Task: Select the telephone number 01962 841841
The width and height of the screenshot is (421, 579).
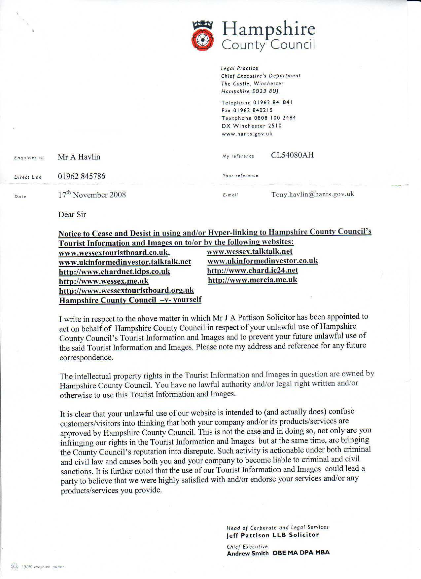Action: pyautogui.click(x=273, y=102)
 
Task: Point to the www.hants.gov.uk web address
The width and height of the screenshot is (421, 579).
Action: pyautogui.click(x=247, y=134)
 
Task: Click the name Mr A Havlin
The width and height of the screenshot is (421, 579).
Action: pyautogui.click(x=79, y=157)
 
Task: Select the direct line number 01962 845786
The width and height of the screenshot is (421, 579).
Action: pyautogui.click(x=82, y=176)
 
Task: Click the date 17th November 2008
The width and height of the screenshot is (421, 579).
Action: pyautogui.click(x=92, y=195)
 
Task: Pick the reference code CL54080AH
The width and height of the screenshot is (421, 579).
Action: pyautogui.click(x=292, y=155)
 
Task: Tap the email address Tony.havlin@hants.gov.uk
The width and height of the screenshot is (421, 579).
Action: pyautogui.click(x=313, y=194)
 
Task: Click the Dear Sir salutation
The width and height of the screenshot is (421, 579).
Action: pyautogui.click(x=72, y=215)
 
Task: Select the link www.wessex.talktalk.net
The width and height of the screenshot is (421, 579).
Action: pyautogui.click(x=250, y=252)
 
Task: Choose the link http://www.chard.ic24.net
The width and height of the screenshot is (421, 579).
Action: pyautogui.click(x=253, y=271)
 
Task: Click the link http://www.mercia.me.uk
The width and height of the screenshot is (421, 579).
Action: pyautogui.click(x=253, y=280)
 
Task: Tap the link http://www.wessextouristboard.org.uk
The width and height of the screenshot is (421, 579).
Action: pyautogui.click(x=126, y=291)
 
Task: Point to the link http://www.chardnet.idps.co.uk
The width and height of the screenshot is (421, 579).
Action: pyautogui.click(x=114, y=272)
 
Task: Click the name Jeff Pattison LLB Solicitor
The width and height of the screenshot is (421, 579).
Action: pyautogui.click(x=273, y=535)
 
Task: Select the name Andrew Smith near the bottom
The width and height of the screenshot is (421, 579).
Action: pyautogui.click(x=248, y=553)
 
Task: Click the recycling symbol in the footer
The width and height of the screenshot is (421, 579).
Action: pyautogui.click(x=15, y=566)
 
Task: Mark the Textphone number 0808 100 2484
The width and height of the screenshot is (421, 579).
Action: pyautogui.click(x=275, y=118)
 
